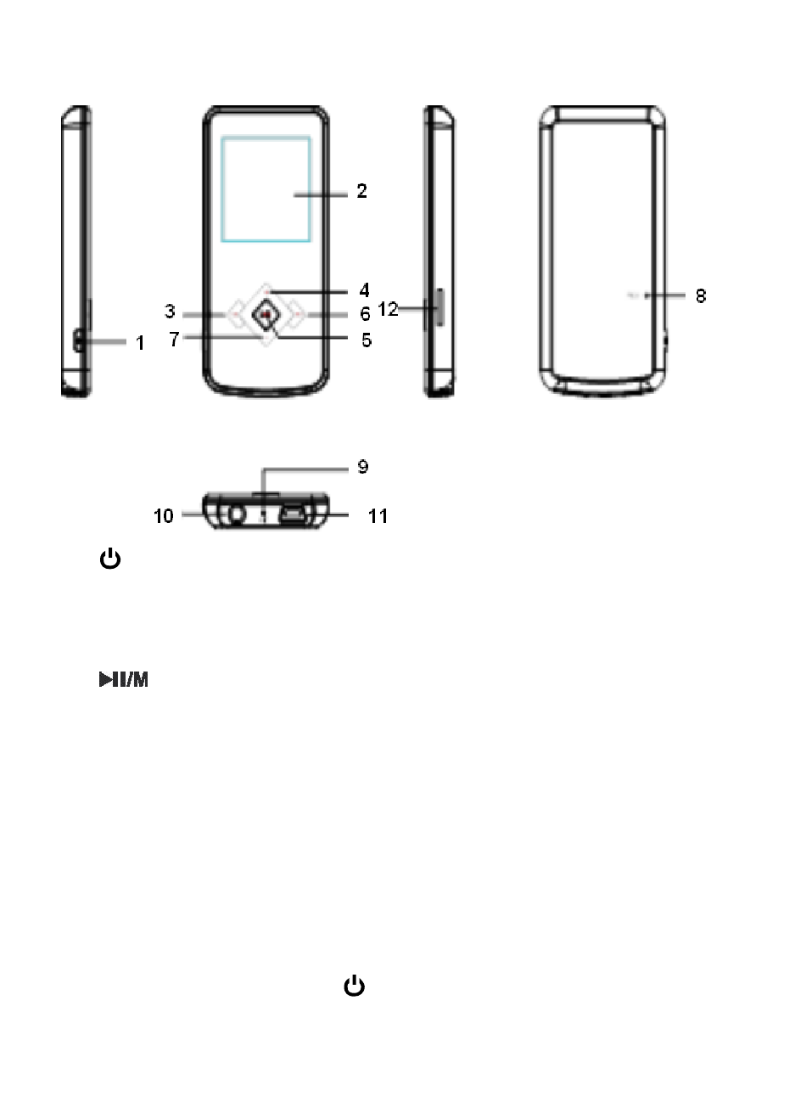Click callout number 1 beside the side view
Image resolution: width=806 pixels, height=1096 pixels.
pos(140,343)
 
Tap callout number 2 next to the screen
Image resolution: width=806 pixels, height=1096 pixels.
pos(362,191)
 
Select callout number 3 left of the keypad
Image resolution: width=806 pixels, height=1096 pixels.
pos(170,312)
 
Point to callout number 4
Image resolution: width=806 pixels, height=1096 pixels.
pos(364,290)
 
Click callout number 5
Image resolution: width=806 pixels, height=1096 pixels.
pos(367,340)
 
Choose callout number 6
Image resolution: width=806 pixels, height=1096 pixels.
pos(365,313)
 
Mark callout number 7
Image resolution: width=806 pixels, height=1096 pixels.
pos(174,339)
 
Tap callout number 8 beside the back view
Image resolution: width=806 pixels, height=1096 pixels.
pos(701,296)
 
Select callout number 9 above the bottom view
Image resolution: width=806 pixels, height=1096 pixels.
pos(363,466)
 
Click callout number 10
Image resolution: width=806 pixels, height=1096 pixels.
pos(164,515)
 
